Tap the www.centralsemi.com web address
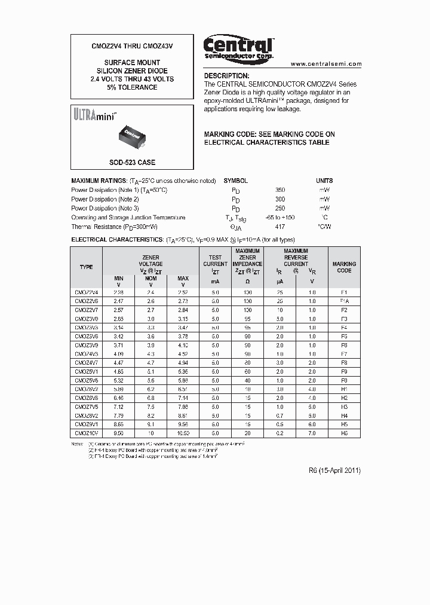326,64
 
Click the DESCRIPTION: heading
226,76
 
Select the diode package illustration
132,136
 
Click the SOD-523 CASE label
132,163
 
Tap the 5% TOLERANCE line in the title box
132,88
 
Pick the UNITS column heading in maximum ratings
324,181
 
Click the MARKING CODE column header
344,267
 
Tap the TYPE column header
87,267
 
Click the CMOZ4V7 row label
87,362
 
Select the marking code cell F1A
344,301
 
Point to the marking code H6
344,432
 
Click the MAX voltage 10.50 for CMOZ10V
183,432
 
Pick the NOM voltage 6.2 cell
151,389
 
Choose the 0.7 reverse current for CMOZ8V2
280,415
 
